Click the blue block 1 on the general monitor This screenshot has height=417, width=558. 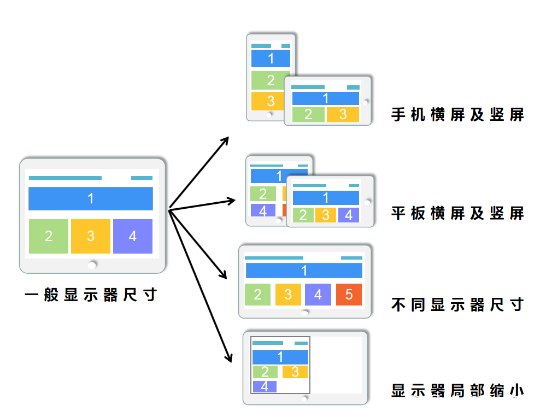coord(91,199)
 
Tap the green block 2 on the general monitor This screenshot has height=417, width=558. coord(49,236)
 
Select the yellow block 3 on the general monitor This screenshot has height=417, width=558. coord(91,236)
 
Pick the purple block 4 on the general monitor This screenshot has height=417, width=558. coord(133,236)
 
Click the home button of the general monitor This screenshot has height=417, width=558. coord(92,265)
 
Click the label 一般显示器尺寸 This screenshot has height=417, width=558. coord(91,295)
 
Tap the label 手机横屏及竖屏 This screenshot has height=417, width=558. coord(458,115)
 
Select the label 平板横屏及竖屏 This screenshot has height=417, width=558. coord(458,213)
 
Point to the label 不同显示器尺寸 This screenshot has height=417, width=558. coord(458,304)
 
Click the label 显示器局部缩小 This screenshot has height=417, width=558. coord(458,390)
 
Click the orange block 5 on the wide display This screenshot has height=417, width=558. coord(349,295)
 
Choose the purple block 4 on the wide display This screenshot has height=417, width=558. coord(318,295)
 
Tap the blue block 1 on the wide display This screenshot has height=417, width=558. coord(304,271)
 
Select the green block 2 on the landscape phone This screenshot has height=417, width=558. coord(308,114)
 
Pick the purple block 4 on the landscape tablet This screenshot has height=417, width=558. coord(349,215)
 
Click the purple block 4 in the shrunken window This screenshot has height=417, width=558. coord(265,386)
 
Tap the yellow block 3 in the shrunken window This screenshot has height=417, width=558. coord(295,372)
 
